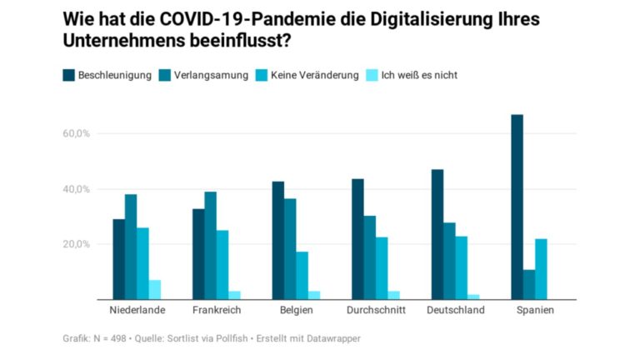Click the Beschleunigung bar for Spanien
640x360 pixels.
pyautogui.click(x=517, y=207)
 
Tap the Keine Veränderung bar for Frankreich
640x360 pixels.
pyautogui.click(x=222, y=265)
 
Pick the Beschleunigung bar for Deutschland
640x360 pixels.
pyautogui.click(x=437, y=235)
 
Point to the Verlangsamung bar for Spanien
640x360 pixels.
pyautogui.click(x=529, y=285)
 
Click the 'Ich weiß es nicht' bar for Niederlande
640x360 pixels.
pyautogui.click(x=155, y=290)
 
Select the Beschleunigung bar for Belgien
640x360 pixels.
pyautogui.click(x=278, y=241)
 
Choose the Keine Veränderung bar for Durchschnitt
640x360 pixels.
pyautogui.click(x=382, y=268)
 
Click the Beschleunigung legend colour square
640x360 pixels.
pyautogui.click(x=68, y=75)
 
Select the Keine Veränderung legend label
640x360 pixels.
pyautogui.click(x=314, y=75)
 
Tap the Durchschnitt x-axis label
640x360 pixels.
pyautogui.click(x=376, y=311)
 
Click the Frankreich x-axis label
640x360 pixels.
pyautogui.click(x=216, y=311)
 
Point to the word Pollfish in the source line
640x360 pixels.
pyautogui.click(x=233, y=338)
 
